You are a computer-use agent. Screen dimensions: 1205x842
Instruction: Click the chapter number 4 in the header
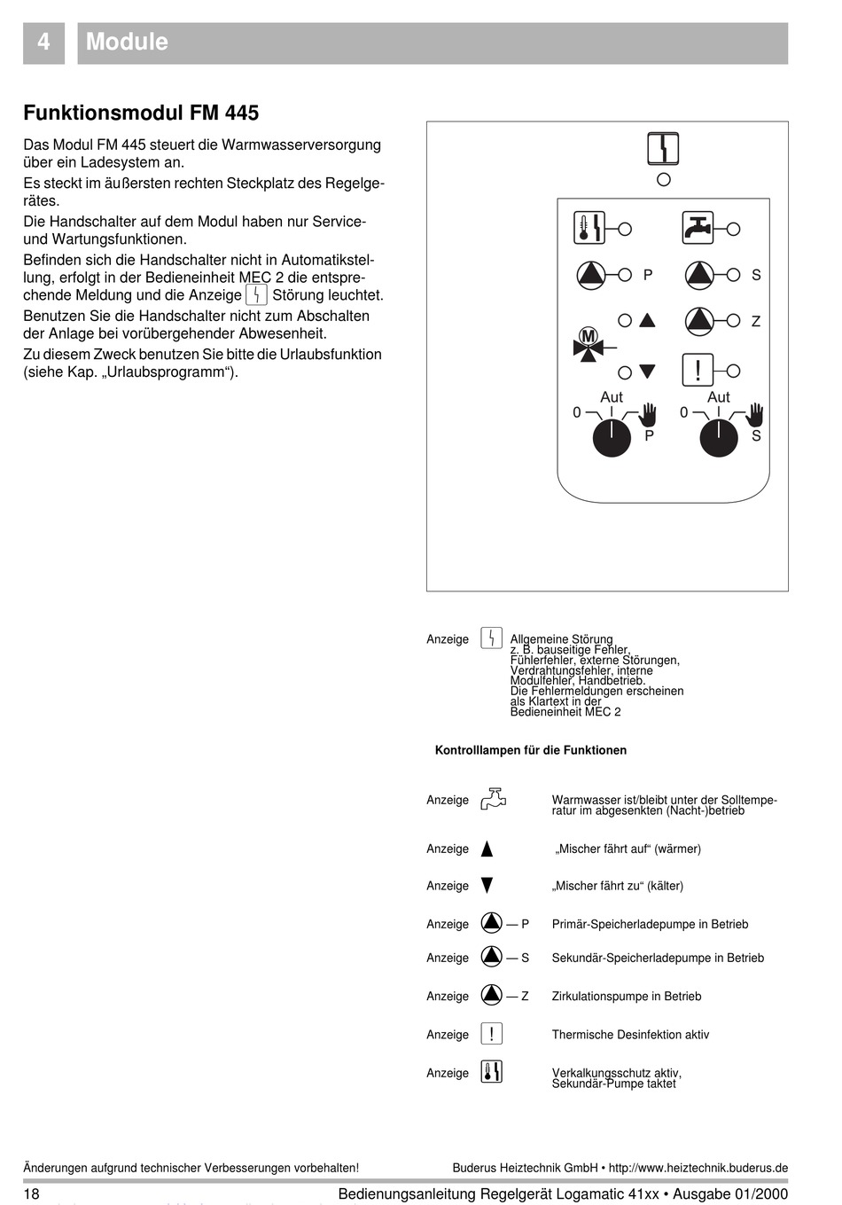(43, 43)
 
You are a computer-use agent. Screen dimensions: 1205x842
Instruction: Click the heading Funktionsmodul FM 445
(141, 113)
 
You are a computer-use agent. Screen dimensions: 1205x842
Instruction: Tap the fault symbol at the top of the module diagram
(663, 148)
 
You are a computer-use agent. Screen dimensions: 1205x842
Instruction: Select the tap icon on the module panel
(698, 228)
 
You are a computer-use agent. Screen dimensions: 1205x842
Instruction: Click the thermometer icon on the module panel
(589, 228)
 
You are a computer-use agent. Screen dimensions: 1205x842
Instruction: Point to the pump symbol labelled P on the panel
(591, 275)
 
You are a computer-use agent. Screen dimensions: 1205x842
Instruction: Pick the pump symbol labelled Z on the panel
(699, 321)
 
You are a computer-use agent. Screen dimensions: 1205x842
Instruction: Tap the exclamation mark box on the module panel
(698, 370)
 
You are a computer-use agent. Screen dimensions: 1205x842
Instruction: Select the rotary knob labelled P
(612, 438)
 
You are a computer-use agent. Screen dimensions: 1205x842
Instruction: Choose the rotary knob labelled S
(719, 438)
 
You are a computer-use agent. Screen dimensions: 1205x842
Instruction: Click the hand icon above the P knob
(648, 413)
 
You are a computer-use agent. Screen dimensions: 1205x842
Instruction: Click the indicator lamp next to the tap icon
(733, 229)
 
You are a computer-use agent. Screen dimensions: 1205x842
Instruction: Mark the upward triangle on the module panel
(647, 320)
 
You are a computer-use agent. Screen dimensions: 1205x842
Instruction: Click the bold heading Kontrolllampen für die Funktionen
(530, 750)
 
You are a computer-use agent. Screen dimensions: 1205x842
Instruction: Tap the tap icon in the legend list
(493, 799)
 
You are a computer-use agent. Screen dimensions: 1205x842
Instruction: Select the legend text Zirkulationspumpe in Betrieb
(626, 997)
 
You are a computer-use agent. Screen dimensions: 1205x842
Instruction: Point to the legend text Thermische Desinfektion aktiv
(630, 1035)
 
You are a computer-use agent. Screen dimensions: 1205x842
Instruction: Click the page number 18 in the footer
(31, 1193)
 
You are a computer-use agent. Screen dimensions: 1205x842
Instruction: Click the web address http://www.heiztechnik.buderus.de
(698, 1168)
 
